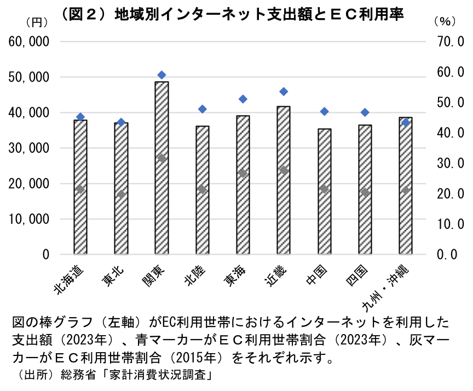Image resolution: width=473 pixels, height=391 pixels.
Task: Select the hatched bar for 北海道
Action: (80, 187)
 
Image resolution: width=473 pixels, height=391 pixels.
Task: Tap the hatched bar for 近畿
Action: (284, 180)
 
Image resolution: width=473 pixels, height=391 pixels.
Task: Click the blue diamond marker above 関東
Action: (161, 75)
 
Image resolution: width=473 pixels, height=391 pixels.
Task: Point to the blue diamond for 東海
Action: (243, 99)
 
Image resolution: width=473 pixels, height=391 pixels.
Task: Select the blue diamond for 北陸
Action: (203, 109)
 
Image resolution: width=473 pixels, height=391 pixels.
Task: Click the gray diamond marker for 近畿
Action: (284, 170)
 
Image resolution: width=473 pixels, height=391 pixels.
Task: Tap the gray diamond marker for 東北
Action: (121, 194)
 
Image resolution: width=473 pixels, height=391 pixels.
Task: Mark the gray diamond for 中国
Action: (324, 189)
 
